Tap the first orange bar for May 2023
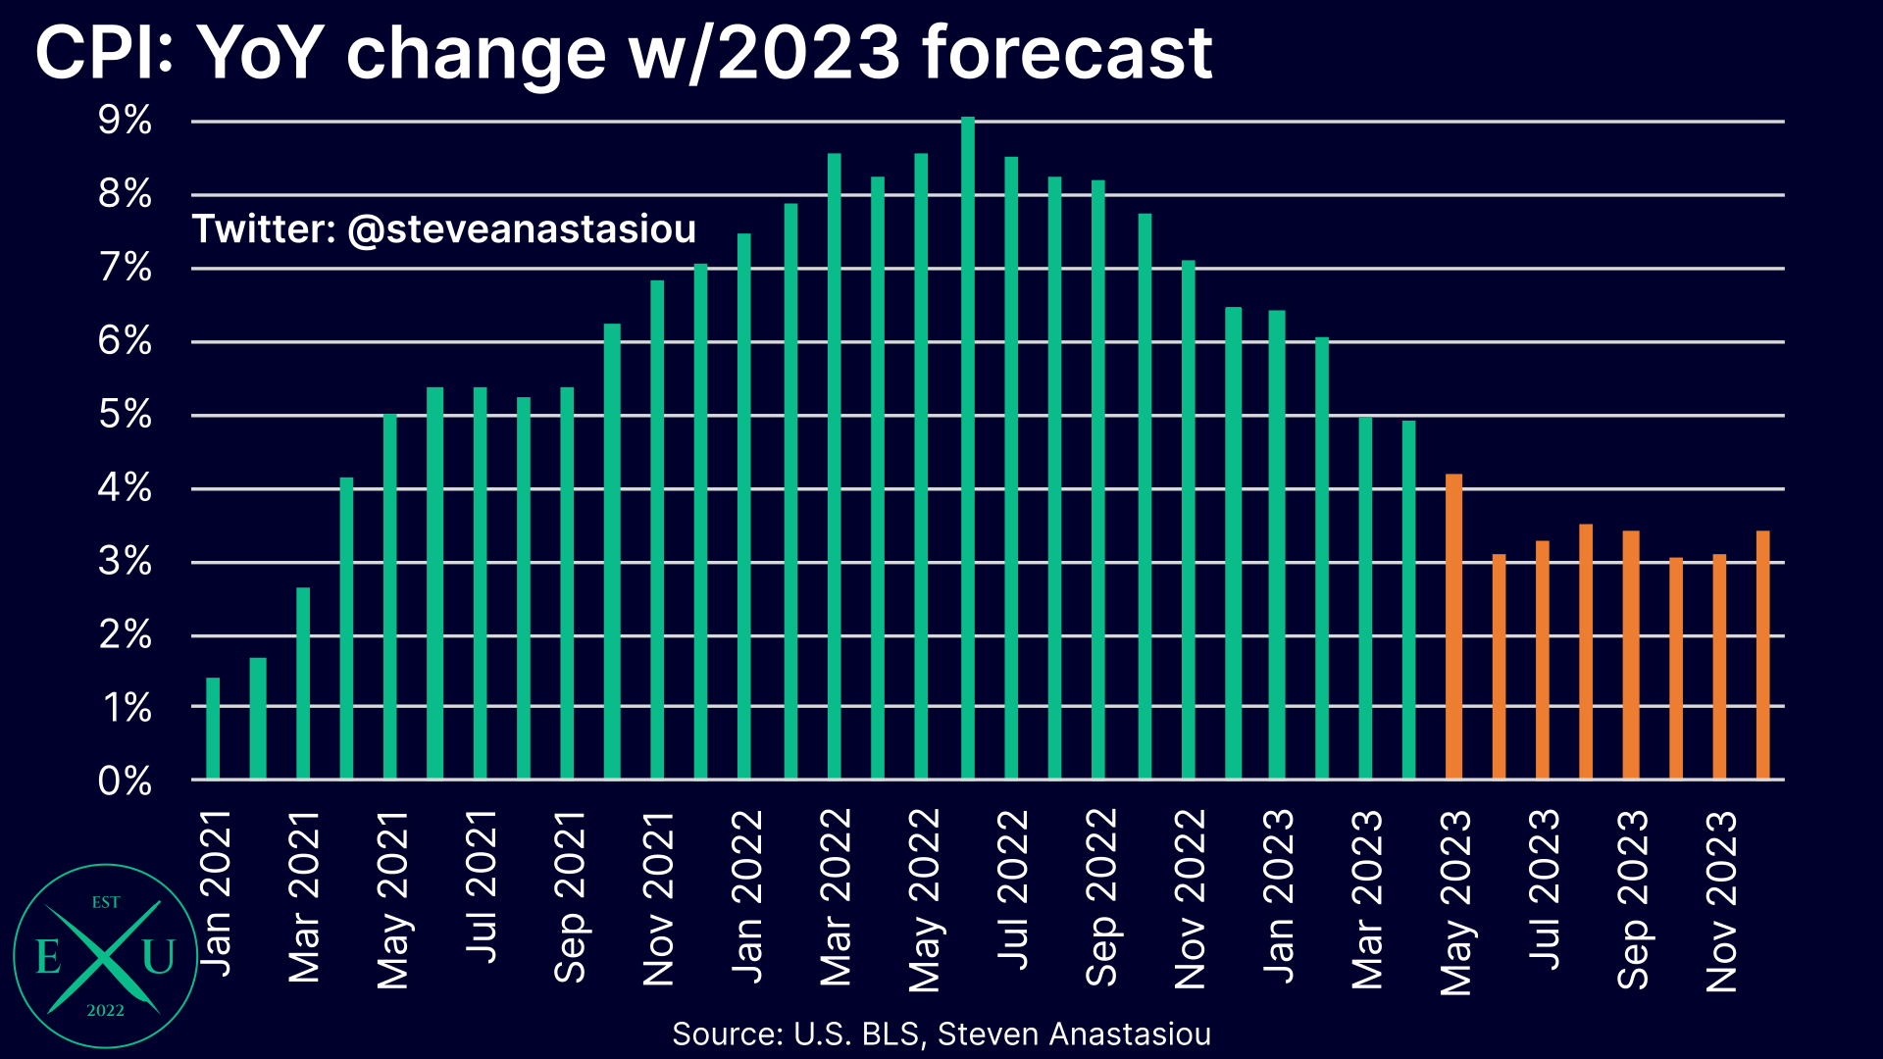click(x=1453, y=627)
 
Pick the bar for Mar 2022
click(x=834, y=466)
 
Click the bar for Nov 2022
click(x=1188, y=520)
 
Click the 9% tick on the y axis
click(x=125, y=121)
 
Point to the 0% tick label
click(x=125, y=782)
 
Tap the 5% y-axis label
click(x=125, y=415)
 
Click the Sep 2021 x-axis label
click(x=570, y=896)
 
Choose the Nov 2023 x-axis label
click(x=1721, y=900)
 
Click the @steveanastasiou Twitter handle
click(x=522, y=229)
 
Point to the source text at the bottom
click(x=941, y=1034)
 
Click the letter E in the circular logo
click(x=47, y=956)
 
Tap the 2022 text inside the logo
click(x=105, y=1011)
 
